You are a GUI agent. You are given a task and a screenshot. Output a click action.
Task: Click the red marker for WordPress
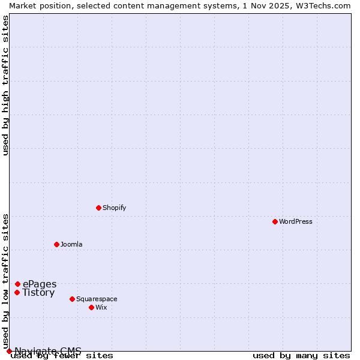coord(275,221)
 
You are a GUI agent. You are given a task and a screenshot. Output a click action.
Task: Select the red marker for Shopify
coord(98,208)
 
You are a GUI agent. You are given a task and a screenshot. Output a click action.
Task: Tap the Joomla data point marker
coord(56,244)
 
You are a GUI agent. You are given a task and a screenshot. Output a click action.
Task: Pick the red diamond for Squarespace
coord(72,299)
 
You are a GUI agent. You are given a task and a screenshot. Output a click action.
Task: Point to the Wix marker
coord(91,307)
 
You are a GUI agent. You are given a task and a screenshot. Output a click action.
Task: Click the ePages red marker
coord(17,284)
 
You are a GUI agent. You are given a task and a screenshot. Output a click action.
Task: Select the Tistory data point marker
coord(17,293)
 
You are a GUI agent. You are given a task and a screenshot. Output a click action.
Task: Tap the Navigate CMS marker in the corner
coord(9,351)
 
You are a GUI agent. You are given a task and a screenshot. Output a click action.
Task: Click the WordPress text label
coord(296,221)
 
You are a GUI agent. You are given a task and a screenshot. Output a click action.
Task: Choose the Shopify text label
coord(114,208)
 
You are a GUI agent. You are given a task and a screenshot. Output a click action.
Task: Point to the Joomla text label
coord(71,244)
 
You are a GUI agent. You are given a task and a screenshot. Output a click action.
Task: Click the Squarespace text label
coord(97,299)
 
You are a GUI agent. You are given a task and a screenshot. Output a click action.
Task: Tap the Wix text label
coord(101,307)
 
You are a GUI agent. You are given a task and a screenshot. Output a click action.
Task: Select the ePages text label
coord(40,284)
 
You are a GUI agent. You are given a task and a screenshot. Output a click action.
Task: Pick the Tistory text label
coord(38,293)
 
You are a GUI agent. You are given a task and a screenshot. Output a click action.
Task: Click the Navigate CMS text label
coord(48,351)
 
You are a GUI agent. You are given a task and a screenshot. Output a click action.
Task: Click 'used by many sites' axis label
coord(301,356)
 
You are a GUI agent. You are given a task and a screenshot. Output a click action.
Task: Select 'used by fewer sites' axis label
coord(62,356)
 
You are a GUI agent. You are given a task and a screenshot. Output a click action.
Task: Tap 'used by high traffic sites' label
coord(5,85)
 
